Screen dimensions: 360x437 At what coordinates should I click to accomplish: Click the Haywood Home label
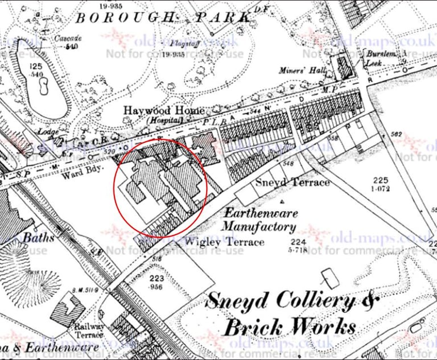pyautogui.click(x=164, y=111)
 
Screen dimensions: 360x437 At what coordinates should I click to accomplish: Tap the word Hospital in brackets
pyautogui.click(x=164, y=121)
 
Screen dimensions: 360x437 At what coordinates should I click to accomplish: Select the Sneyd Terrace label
pyautogui.click(x=292, y=183)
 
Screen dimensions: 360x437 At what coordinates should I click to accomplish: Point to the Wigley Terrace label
pyautogui.click(x=225, y=242)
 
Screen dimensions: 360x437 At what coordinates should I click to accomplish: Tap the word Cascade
pyautogui.click(x=69, y=39)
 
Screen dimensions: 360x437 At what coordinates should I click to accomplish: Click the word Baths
pyautogui.click(x=39, y=237)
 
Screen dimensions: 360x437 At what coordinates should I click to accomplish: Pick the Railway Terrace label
pyautogui.click(x=90, y=330)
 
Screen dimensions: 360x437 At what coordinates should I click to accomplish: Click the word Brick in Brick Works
pyautogui.click(x=253, y=328)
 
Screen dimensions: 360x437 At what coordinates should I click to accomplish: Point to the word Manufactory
pyautogui.click(x=258, y=227)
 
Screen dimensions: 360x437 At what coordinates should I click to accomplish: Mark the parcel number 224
pyautogui.click(x=295, y=242)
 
